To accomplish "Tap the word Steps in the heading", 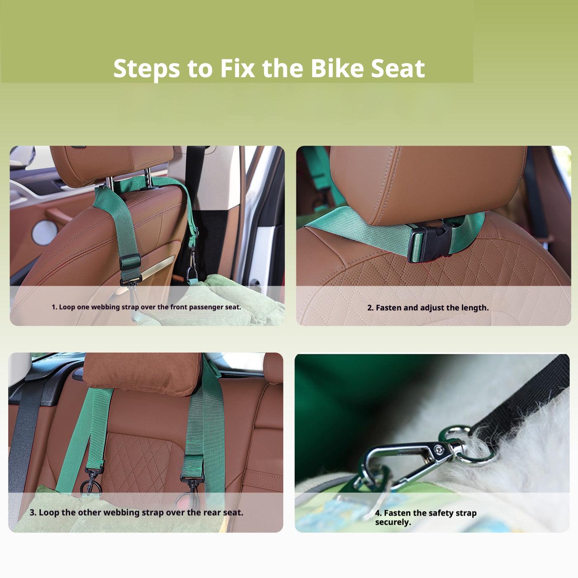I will point(147,69).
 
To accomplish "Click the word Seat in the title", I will point(398,68).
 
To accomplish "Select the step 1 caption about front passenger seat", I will point(146,307).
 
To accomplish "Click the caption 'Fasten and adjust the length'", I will point(428,308).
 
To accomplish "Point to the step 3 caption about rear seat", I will point(136,512).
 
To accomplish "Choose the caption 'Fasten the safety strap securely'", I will point(425,517).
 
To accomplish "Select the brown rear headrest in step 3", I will point(142,372).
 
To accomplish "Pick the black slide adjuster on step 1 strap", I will point(130,262).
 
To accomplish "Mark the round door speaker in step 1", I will point(44,232).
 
